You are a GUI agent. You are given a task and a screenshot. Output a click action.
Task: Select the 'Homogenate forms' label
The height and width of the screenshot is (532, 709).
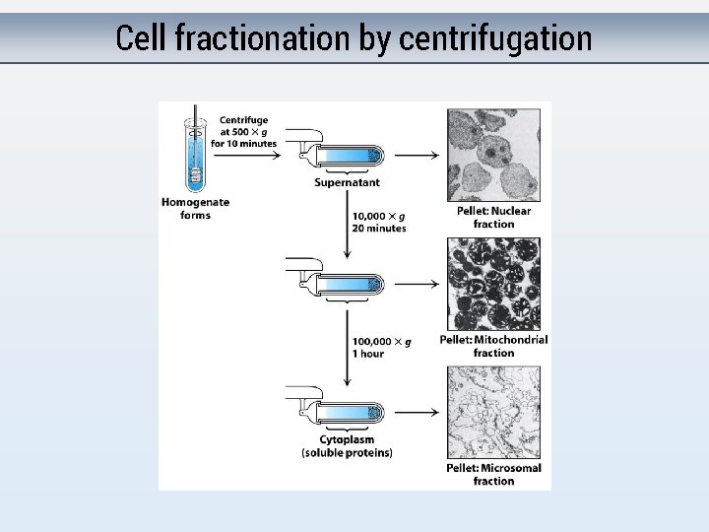(195, 208)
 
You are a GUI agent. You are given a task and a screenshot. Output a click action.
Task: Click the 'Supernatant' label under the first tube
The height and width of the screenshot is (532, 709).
(347, 182)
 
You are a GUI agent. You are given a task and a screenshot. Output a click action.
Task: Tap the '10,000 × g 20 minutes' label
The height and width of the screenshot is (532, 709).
(379, 222)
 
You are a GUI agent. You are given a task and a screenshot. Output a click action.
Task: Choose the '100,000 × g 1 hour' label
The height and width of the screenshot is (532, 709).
(382, 347)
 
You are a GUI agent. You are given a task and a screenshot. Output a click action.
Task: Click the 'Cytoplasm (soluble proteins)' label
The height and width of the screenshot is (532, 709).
(347, 446)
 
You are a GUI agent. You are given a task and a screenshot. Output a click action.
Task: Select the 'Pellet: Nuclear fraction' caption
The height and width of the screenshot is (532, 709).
(493, 217)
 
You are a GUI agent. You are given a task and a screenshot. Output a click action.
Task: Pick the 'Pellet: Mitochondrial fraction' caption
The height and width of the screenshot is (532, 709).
(493, 346)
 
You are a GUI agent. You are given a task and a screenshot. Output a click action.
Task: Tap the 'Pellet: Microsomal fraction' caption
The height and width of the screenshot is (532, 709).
(493, 474)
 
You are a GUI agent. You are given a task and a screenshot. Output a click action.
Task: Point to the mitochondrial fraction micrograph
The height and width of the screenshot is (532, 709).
(494, 284)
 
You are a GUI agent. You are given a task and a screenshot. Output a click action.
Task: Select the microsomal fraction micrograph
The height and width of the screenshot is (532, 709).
(494, 412)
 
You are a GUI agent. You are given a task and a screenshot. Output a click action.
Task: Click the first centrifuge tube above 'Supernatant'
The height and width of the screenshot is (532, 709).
(345, 156)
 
